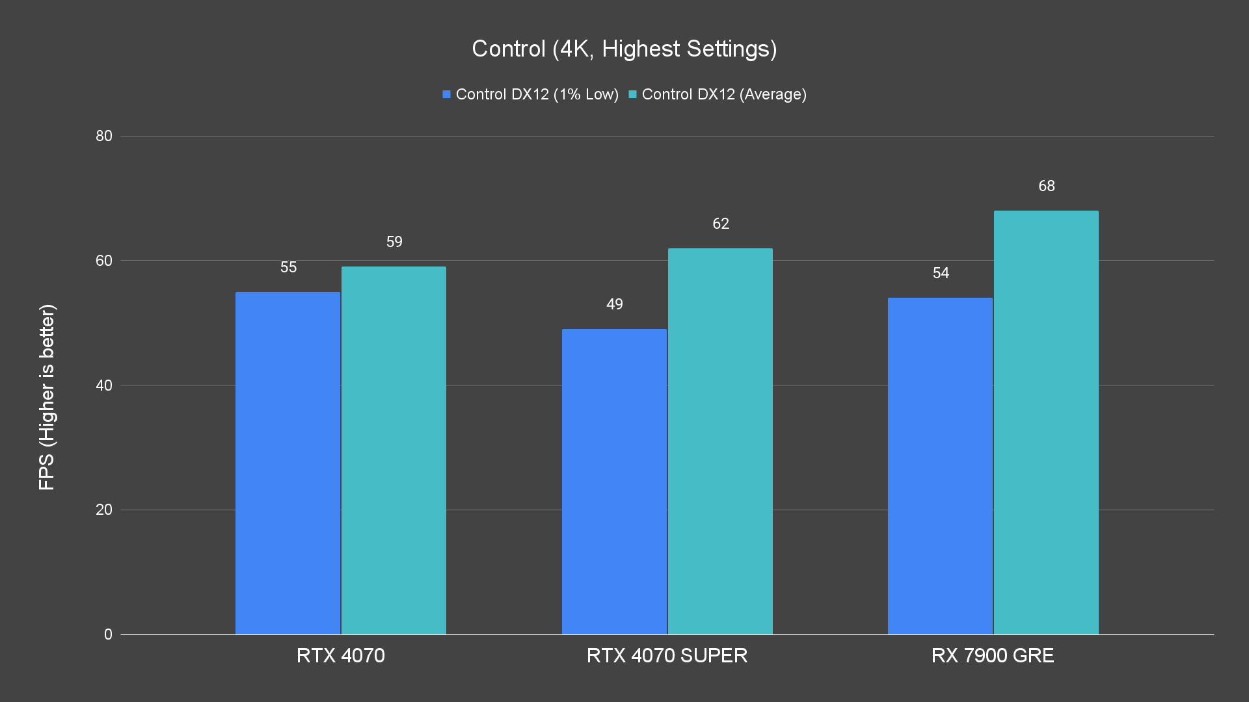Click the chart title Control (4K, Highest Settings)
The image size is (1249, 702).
pyautogui.click(x=624, y=49)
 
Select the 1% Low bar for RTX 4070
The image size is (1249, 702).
pyautogui.click(x=288, y=463)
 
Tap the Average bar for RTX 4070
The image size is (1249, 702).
pyautogui.click(x=394, y=450)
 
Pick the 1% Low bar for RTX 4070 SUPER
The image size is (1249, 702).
pyautogui.click(x=614, y=481)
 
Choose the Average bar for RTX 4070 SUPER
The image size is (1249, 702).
pyautogui.click(x=720, y=441)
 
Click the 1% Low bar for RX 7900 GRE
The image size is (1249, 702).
pyautogui.click(x=940, y=465)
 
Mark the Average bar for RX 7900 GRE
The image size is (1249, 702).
pyautogui.click(x=1046, y=422)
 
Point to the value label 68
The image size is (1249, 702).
pyautogui.click(x=1046, y=187)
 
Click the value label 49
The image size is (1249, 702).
pyautogui.click(x=614, y=304)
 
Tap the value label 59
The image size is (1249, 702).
pyautogui.click(x=394, y=242)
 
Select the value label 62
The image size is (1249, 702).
pyautogui.click(x=721, y=224)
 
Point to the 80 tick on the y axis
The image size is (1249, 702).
pyautogui.click(x=104, y=136)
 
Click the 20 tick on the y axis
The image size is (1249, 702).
pyautogui.click(x=104, y=510)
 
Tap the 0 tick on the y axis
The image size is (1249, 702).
pyautogui.click(x=108, y=634)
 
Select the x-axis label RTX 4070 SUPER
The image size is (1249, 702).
pyautogui.click(x=667, y=655)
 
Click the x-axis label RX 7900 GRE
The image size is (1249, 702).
pyautogui.click(x=993, y=655)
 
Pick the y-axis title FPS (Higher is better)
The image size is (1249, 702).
pyautogui.click(x=47, y=396)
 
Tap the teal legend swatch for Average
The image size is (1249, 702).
pyautogui.click(x=632, y=94)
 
